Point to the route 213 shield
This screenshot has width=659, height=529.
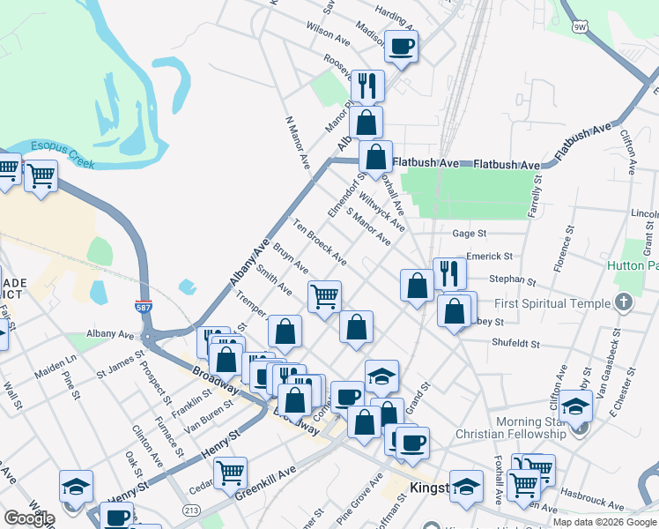(x=190, y=510)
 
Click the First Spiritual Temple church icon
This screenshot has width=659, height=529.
(x=624, y=303)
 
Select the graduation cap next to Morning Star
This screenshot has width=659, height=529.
(x=575, y=406)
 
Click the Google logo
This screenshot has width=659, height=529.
(x=28, y=518)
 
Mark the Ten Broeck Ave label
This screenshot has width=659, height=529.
(x=319, y=241)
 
